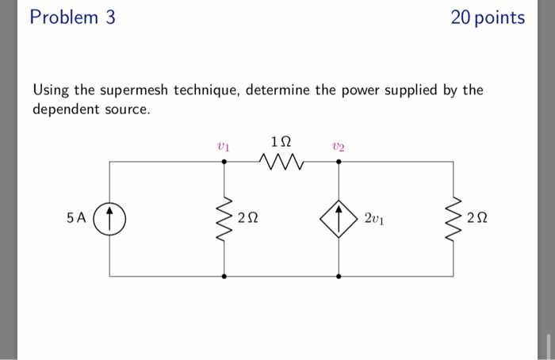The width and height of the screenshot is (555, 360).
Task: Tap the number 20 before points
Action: tap(461, 17)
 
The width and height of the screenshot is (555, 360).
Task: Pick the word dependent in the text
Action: tap(64, 109)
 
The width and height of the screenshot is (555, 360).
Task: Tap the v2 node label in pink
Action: tap(339, 145)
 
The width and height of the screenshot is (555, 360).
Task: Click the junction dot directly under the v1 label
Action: tap(224, 161)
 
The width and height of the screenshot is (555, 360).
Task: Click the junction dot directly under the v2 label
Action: tap(339, 161)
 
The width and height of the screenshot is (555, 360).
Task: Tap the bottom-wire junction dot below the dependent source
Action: tap(339, 277)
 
